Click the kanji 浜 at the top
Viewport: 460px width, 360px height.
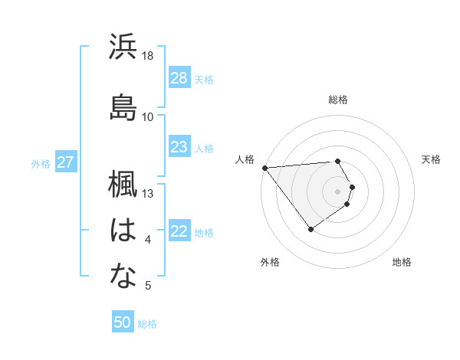[x=123, y=47]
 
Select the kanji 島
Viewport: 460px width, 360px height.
[x=123, y=107]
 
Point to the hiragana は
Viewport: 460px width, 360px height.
[x=123, y=231]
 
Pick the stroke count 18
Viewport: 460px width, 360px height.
[x=148, y=56]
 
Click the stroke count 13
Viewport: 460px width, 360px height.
[x=148, y=193]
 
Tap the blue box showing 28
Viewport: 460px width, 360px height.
[x=179, y=77]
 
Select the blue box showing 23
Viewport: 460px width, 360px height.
[x=179, y=147]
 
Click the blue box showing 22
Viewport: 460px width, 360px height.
[x=179, y=232]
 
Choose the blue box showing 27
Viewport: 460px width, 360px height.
[x=66, y=162]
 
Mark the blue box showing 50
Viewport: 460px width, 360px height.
[x=123, y=322]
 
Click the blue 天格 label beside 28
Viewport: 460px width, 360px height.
[x=204, y=79]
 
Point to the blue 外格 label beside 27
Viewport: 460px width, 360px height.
[x=41, y=163]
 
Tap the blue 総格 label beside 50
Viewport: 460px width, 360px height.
[x=147, y=324]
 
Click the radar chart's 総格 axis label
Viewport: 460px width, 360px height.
[x=338, y=100]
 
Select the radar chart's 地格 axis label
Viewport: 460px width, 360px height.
[x=402, y=262]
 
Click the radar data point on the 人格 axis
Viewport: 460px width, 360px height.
[x=264, y=167]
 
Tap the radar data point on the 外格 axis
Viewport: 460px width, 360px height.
[x=310, y=229]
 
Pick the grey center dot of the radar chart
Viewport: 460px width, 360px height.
[x=338, y=190]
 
